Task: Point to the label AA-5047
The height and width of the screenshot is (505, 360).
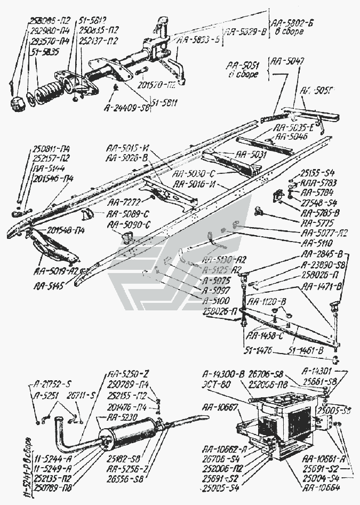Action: point(289,62)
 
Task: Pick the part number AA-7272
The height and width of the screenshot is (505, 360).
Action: point(124,203)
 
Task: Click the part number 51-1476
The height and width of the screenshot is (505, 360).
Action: point(260,350)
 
